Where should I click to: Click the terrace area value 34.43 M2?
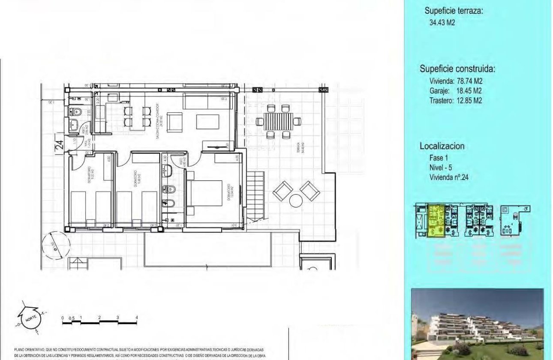pos(442,23)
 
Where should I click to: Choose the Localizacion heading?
pos(442,146)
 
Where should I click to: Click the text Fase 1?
pos(439,158)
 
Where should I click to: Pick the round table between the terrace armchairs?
pos(296,200)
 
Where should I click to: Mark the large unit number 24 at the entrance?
pos(60,145)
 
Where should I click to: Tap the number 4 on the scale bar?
pos(137,318)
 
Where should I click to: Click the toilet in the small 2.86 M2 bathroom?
pos(76,111)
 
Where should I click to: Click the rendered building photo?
pos(477,324)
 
